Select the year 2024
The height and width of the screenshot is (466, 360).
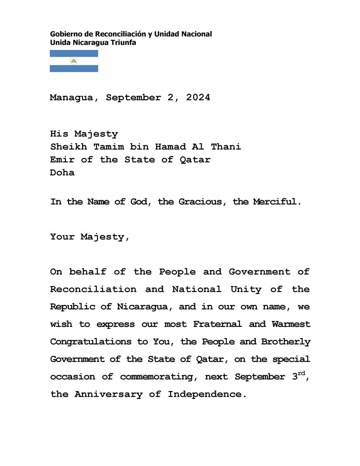click(x=198, y=98)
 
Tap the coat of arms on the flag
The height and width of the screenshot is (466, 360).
click(x=74, y=61)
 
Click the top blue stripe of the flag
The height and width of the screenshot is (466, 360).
click(x=74, y=53)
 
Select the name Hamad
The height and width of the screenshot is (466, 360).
click(x=170, y=147)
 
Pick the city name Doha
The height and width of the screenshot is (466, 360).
click(x=62, y=172)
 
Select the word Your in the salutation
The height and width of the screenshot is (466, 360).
click(x=62, y=237)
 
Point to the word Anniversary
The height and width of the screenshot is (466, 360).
click(x=108, y=394)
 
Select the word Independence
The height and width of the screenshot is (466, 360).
click(x=204, y=394)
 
